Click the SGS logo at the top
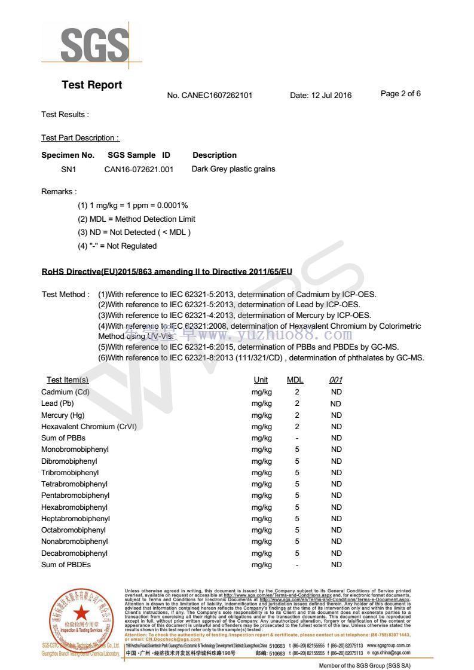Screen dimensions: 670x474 click(x=94, y=44)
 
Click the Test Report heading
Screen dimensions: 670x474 click(x=91, y=85)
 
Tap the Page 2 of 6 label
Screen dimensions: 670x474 click(x=400, y=93)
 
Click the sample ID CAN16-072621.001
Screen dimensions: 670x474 click(x=139, y=169)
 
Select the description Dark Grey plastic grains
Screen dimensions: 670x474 click(x=233, y=169)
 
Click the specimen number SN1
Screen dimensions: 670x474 click(x=69, y=169)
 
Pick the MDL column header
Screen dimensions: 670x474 click(x=295, y=380)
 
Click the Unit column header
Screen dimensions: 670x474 click(x=261, y=380)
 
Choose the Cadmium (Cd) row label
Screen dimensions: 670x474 click(x=65, y=392)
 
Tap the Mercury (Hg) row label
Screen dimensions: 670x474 click(x=63, y=415)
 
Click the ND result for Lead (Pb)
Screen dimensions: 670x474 click(x=336, y=403)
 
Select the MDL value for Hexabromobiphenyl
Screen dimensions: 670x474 click(x=297, y=507)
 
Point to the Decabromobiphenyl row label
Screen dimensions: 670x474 click(x=74, y=553)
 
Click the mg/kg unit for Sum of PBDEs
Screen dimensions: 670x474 click(x=261, y=565)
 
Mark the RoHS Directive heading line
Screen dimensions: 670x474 click(x=166, y=271)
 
